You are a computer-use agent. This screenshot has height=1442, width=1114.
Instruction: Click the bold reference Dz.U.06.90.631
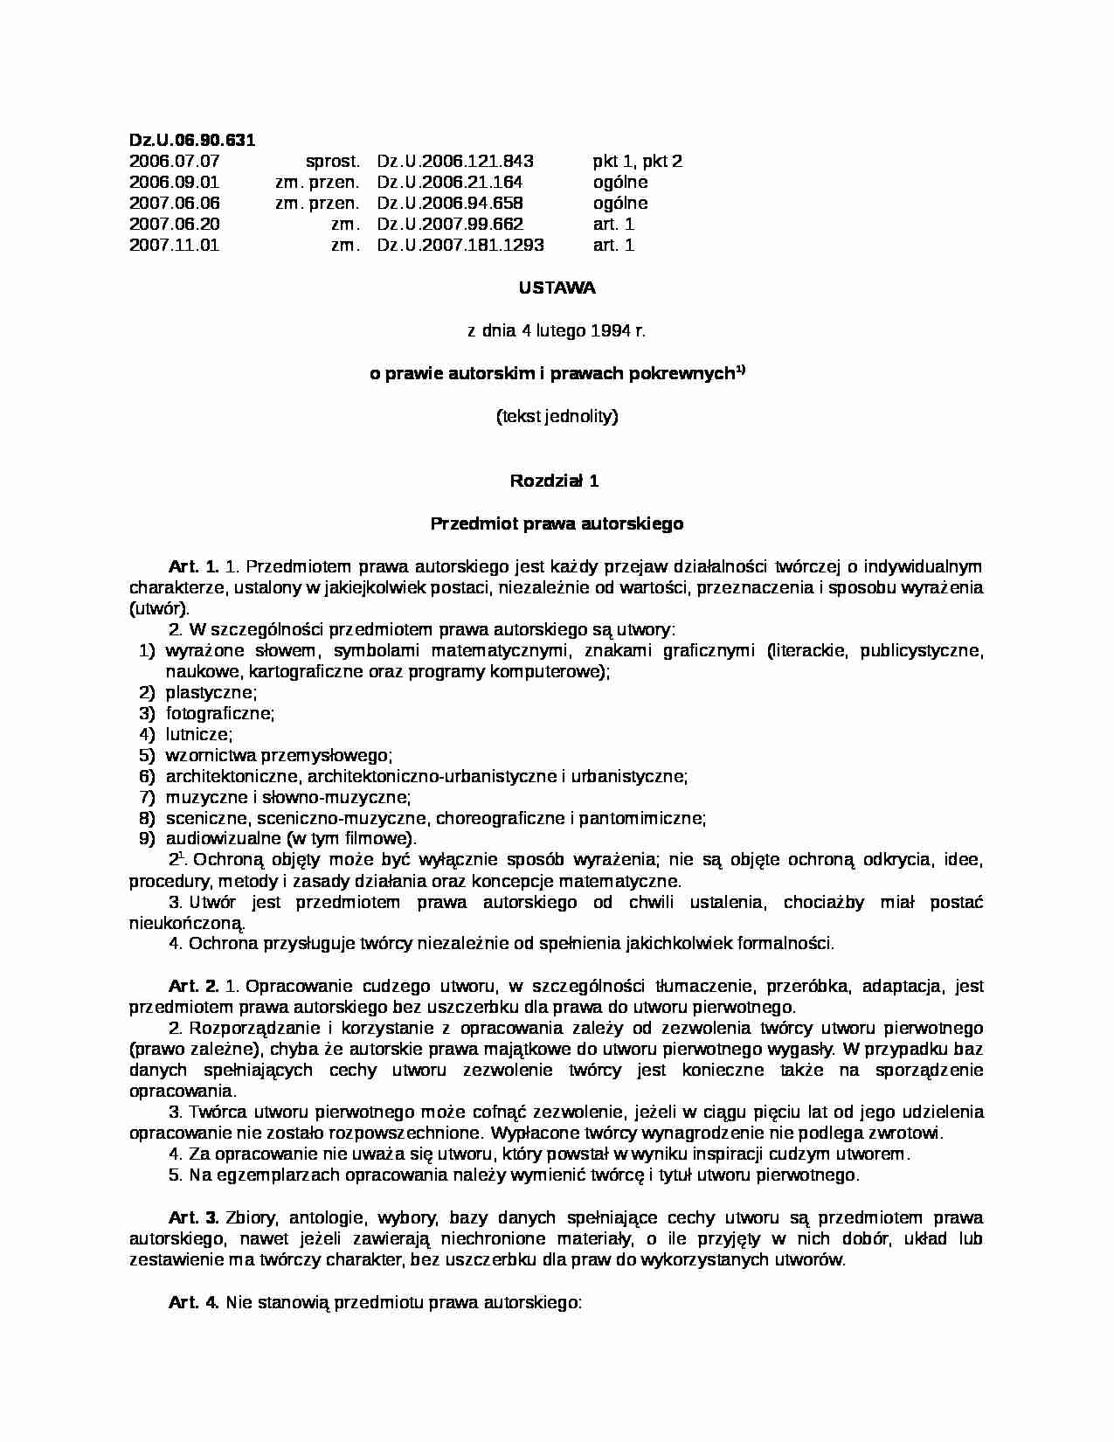click(192, 140)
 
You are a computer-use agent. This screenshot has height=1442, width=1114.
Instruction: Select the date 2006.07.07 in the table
click(174, 161)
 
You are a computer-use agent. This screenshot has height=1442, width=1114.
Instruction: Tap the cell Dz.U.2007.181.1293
click(460, 246)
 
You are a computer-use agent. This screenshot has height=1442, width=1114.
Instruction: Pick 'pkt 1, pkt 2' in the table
click(637, 161)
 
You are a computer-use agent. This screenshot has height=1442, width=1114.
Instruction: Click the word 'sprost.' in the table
click(332, 161)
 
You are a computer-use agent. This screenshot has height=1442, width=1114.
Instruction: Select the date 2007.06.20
click(174, 225)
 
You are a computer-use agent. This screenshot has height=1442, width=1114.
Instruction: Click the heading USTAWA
click(557, 288)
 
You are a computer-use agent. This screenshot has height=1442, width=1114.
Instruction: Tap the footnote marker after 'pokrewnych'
click(739, 369)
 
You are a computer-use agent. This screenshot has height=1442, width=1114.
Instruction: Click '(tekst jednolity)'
click(557, 416)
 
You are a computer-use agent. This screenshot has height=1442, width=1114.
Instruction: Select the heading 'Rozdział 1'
click(554, 481)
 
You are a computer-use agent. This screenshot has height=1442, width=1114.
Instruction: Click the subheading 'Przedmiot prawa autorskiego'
click(557, 524)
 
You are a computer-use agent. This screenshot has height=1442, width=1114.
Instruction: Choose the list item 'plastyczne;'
click(211, 693)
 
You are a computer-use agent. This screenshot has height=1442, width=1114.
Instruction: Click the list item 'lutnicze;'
click(199, 735)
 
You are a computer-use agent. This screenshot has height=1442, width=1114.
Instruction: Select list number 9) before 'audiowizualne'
click(147, 839)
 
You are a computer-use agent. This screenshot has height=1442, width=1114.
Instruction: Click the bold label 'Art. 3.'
click(194, 1217)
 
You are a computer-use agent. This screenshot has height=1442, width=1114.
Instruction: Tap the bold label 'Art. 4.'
click(194, 1302)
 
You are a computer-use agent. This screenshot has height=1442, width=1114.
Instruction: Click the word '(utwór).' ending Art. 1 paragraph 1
click(159, 609)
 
